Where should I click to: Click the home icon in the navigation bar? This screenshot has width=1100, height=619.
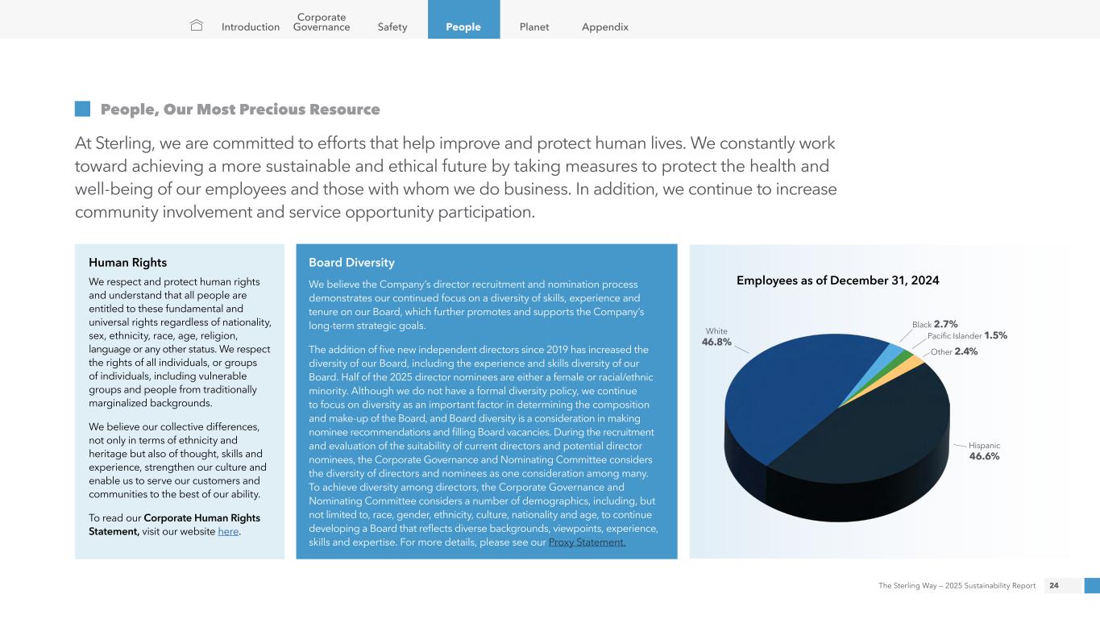tap(197, 26)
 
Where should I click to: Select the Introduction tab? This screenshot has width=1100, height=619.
tap(251, 27)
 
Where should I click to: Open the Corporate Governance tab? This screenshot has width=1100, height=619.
tap(322, 22)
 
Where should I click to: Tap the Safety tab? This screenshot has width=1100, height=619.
tap(392, 27)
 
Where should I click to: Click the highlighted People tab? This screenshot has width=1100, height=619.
tap(463, 27)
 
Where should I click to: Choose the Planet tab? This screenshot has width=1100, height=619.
tap(534, 27)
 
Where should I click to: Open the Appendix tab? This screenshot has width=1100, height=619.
tap(605, 27)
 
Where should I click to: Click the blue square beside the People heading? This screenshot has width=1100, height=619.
tap(82, 109)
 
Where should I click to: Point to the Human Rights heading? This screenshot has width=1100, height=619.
tap(127, 262)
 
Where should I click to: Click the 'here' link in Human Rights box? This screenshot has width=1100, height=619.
tap(228, 531)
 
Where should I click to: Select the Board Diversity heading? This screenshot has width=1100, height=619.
tap(351, 262)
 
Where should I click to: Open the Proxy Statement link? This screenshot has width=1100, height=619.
tap(587, 542)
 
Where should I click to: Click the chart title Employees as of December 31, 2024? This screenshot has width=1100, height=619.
tap(838, 280)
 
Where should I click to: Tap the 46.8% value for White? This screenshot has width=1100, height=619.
tap(716, 342)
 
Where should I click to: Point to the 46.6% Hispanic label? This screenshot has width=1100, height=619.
tap(984, 456)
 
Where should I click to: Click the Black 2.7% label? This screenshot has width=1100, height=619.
tap(935, 324)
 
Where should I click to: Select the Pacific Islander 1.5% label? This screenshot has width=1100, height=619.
tap(967, 335)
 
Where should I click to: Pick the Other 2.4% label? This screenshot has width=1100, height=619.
tap(954, 351)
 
